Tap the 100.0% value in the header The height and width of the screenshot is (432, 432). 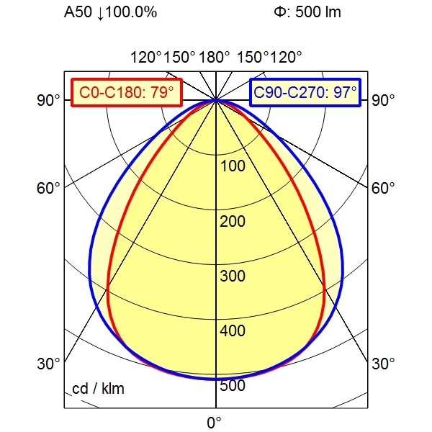pos(132,12)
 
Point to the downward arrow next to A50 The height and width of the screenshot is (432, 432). pos(99,13)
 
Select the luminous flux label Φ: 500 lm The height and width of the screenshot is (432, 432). pos(307,12)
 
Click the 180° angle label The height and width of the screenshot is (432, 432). pos(215,58)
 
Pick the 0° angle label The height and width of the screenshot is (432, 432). pos(214,422)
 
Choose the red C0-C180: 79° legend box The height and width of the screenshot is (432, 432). pos(127,92)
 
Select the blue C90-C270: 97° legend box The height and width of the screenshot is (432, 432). pos(305,92)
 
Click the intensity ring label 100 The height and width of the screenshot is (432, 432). pos(233,166)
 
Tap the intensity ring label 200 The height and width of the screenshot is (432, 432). pos(233,221)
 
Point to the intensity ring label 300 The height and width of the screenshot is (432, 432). pos(233,276)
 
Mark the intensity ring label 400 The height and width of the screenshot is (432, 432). pos(233,331)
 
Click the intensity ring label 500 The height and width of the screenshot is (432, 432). pos(233,386)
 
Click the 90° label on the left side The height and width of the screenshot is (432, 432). pos(49,100)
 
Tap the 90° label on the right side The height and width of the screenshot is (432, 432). pos(383,100)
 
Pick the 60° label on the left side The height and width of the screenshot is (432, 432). pos(49,189)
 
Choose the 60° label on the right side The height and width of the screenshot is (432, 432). pos(383,189)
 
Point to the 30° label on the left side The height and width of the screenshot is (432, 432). pos(49,364)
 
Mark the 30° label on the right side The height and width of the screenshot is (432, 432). pos(383,364)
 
